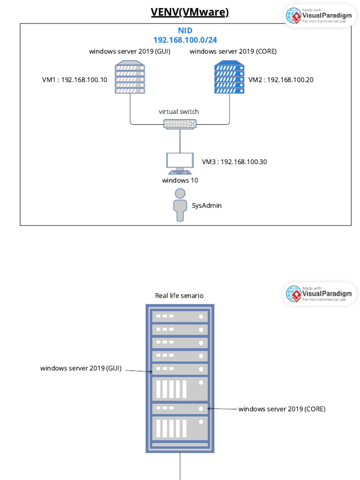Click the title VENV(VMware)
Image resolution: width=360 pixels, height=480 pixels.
click(190, 12)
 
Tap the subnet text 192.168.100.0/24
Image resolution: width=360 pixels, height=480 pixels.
click(185, 40)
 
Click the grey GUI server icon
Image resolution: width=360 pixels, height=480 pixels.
click(130, 77)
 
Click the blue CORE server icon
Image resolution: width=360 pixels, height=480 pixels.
click(229, 77)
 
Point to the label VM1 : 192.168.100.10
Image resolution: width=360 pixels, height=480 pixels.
click(75, 80)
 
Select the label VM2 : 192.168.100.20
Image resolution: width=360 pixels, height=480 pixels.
click(281, 80)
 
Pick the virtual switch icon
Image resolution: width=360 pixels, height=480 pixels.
click(180, 123)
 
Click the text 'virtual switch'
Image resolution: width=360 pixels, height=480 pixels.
click(179, 112)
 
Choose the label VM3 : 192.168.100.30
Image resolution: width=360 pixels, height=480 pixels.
click(234, 162)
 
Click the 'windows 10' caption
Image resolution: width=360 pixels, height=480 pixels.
click(180, 180)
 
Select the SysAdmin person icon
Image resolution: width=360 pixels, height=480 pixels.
click(180, 205)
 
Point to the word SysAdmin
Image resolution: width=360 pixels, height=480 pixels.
click(207, 205)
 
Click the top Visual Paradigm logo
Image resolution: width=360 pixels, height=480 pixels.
click(320, 16)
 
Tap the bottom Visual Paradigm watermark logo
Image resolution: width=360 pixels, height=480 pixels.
click(320, 293)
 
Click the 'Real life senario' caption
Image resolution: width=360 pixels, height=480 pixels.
click(180, 296)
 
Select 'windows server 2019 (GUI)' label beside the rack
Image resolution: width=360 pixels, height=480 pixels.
click(81, 368)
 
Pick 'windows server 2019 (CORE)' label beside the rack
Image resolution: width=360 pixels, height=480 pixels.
click(282, 409)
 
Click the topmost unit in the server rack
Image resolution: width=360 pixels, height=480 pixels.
click(180, 316)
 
